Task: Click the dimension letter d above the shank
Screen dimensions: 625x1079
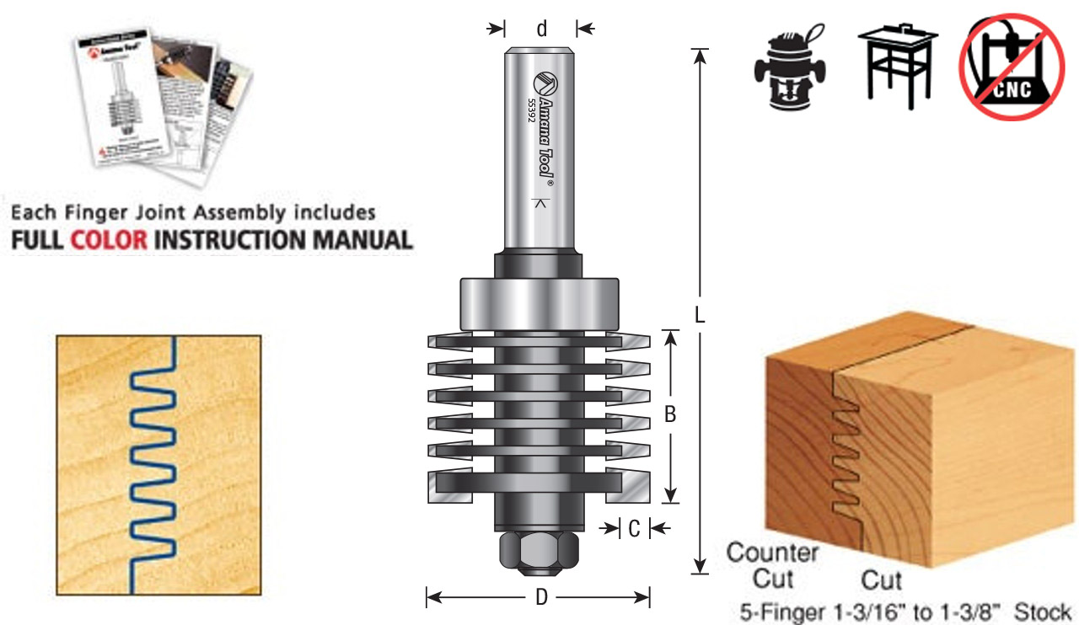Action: tap(541, 29)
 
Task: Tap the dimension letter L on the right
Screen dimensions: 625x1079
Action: tap(699, 314)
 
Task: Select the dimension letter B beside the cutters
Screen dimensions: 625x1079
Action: tap(670, 414)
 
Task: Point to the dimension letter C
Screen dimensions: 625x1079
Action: tap(634, 528)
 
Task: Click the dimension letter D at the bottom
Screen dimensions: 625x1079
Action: tap(541, 598)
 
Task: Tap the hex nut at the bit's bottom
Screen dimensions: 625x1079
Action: tap(539, 552)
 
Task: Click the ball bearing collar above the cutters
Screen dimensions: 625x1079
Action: tap(539, 303)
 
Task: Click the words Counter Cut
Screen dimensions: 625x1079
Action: tap(772, 566)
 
